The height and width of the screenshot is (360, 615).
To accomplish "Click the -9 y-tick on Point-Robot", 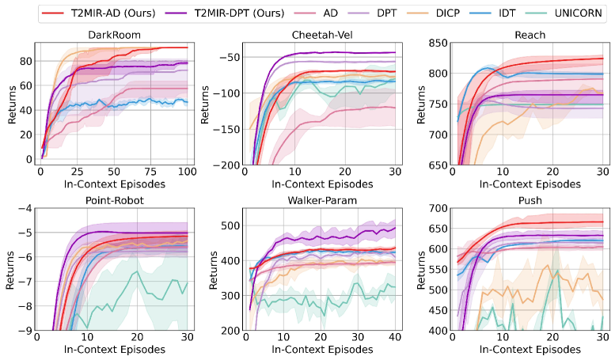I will [x=25, y=331].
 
